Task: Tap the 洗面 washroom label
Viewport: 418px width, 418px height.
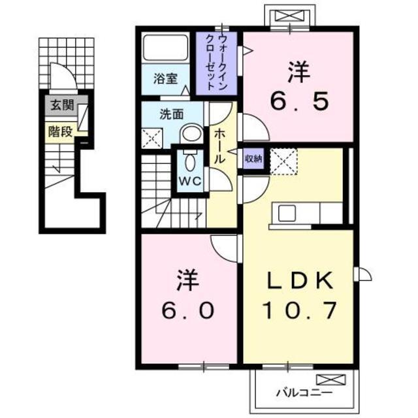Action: pos(171,114)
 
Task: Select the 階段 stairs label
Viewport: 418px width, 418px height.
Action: pos(60,130)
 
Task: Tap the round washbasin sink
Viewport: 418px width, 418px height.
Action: pos(191,134)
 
